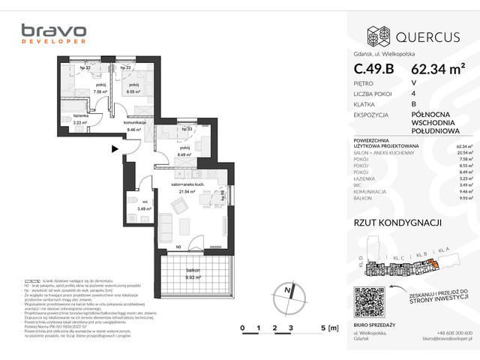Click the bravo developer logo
click(53, 36)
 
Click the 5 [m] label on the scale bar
click(328, 328)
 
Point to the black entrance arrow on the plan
click(114, 149)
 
